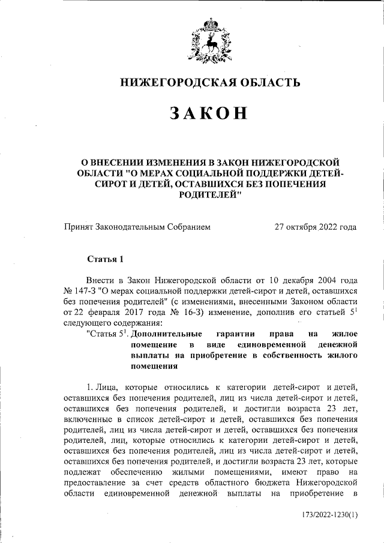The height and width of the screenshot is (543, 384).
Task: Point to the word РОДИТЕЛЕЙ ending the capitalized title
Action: coord(210,196)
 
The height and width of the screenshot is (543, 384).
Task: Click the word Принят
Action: coord(79,227)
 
